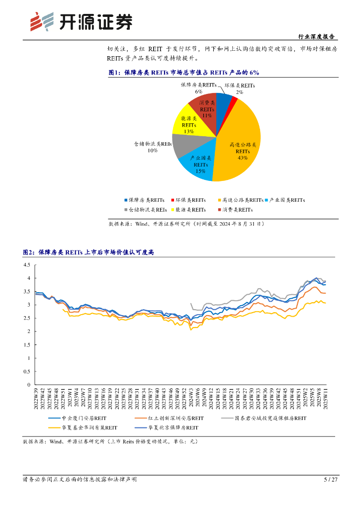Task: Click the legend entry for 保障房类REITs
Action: (x=143, y=200)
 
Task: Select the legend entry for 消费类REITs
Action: (x=234, y=210)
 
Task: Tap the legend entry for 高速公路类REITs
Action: (x=241, y=200)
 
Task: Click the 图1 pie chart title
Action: (x=184, y=73)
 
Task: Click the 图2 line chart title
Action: (x=89, y=253)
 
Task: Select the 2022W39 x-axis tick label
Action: (x=36, y=399)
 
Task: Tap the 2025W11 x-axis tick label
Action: (x=326, y=399)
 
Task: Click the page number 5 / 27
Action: (x=331, y=480)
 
